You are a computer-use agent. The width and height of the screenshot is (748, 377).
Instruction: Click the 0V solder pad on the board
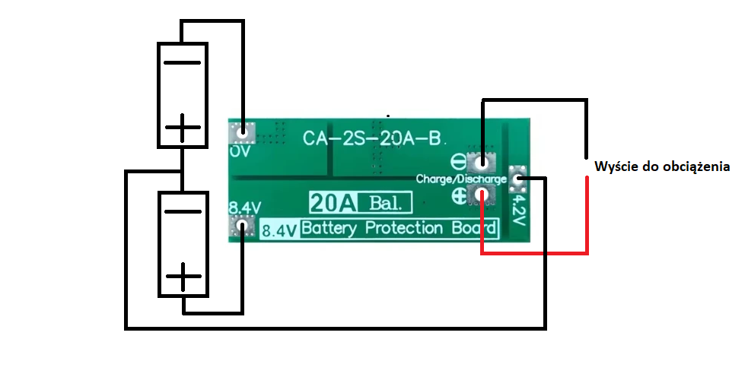pyautogui.click(x=243, y=134)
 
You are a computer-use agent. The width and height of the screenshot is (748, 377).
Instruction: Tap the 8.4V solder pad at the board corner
pyautogui.click(x=243, y=226)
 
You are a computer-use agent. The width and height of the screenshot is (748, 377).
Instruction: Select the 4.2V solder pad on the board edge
pyautogui.click(x=520, y=179)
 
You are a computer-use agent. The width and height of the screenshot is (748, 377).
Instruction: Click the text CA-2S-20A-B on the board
pyautogui.click(x=371, y=138)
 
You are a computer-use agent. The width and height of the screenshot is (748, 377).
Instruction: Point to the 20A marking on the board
pyautogui.click(x=332, y=203)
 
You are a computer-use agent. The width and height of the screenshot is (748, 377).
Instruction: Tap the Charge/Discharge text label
pyautogui.click(x=461, y=179)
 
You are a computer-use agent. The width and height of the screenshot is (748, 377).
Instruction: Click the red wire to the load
pyautogui.click(x=587, y=220)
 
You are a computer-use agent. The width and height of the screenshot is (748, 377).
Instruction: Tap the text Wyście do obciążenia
pyautogui.click(x=662, y=166)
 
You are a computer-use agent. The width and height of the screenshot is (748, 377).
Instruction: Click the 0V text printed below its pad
pyautogui.click(x=240, y=150)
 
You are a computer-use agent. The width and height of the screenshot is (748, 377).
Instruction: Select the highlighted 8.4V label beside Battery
pyautogui.click(x=279, y=230)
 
